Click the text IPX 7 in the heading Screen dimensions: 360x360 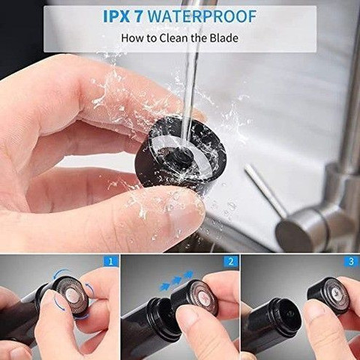point(123,16)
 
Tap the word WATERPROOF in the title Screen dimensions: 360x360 point(202,16)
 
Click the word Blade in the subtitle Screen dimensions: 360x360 point(223,38)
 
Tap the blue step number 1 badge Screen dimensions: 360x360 point(110,262)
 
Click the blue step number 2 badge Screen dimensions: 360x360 point(231,262)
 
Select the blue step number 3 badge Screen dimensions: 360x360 point(351,262)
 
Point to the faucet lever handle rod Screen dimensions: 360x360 point(266,190)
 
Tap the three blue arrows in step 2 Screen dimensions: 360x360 point(176,280)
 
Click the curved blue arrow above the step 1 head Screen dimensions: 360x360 point(62,274)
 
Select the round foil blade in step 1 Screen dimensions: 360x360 point(72,297)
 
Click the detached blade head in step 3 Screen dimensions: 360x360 point(328,295)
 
